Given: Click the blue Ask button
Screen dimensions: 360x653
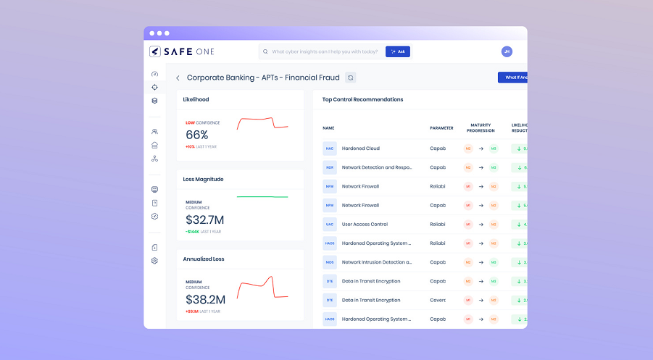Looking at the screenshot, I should pos(398,51).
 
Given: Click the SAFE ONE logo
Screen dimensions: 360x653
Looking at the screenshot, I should pos(181,51).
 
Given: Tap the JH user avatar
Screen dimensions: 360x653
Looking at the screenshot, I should pos(507,51).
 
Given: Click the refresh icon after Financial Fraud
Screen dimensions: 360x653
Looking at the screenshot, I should pos(351,78).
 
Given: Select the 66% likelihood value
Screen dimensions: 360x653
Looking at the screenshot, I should pos(197,135).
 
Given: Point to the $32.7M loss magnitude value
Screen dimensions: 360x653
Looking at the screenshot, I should pos(205,219).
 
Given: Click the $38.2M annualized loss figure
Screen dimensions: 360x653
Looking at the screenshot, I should pos(205,299).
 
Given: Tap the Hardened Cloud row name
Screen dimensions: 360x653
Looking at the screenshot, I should pos(360,148).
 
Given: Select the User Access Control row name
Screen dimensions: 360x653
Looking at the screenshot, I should pos(365,225).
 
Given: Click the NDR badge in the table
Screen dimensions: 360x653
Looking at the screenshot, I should pos(330,167).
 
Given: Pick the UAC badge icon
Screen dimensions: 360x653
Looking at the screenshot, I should pos(330,225).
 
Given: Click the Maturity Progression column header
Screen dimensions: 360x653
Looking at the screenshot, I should pos(481,128).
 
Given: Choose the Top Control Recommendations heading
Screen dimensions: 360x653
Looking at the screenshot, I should pos(362,99).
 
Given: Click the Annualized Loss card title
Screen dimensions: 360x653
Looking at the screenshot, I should pos(204,259).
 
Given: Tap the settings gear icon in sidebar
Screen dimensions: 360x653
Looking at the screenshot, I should pos(154,261).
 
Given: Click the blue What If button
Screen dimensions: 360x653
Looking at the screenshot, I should pos(512,78).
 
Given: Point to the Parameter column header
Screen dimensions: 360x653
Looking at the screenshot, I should pos(441,128).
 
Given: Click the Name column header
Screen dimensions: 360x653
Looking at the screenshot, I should pos(328,128).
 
